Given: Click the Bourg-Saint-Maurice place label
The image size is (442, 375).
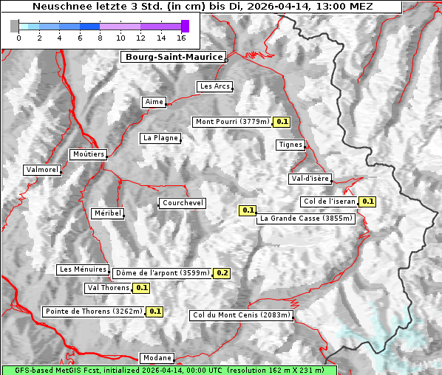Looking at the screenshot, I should tap(173, 57).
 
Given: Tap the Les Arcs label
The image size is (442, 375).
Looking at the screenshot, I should tap(215, 86).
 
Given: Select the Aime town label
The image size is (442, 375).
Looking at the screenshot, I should tap(154, 102).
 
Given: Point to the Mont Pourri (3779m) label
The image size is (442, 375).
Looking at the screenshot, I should tap(231, 122).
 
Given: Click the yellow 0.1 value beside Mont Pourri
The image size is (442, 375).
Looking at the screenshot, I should tap(282, 122).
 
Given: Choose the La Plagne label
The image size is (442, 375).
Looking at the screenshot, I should tap(160, 138).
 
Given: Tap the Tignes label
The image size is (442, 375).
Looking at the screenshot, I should tap(290, 145).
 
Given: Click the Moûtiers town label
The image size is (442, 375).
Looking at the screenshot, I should tap(88, 154).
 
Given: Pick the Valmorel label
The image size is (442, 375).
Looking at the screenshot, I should tap(42, 170).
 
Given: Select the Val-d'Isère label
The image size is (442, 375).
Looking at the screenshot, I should tap(310, 179).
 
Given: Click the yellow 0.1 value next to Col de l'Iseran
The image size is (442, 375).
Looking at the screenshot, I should tap(367, 202).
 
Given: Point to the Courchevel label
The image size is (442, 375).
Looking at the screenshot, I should tap(183, 203).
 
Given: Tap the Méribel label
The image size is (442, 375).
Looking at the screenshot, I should tap(107, 213).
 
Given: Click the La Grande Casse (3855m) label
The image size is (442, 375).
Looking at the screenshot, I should tap(306, 219).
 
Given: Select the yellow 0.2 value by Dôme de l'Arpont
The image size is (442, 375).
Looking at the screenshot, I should tap(222, 273).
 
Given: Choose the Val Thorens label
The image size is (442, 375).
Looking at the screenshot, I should tap(108, 288).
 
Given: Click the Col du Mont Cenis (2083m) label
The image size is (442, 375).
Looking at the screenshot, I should tap(241, 315).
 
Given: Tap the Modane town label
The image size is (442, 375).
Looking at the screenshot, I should tap(157, 358).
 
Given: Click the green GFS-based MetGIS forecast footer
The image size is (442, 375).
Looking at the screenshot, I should tap(169, 370).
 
